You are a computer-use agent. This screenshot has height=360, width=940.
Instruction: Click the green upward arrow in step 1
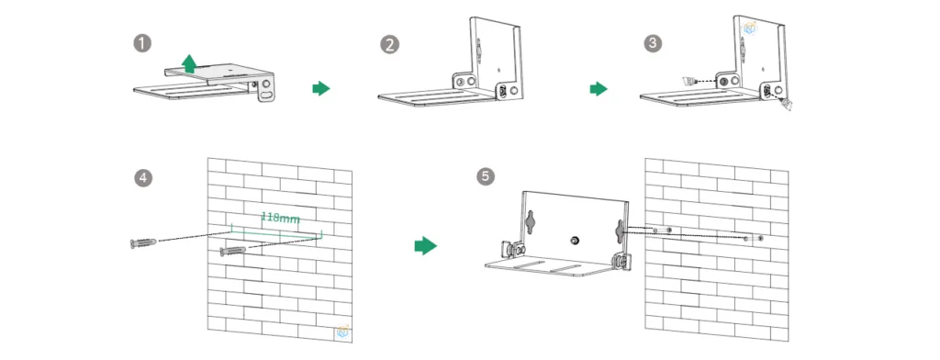click(x=188, y=63)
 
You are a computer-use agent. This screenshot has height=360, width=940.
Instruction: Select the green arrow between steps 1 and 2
click(x=320, y=88)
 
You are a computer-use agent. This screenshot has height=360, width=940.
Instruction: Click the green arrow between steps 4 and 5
click(x=423, y=245)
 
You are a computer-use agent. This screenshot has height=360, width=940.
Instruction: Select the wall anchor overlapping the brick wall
click(x=234, y=251)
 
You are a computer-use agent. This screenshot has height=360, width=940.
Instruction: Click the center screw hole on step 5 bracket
click(x=575, y=240)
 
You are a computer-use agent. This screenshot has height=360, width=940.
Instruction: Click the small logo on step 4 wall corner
click(x=343, y=332)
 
